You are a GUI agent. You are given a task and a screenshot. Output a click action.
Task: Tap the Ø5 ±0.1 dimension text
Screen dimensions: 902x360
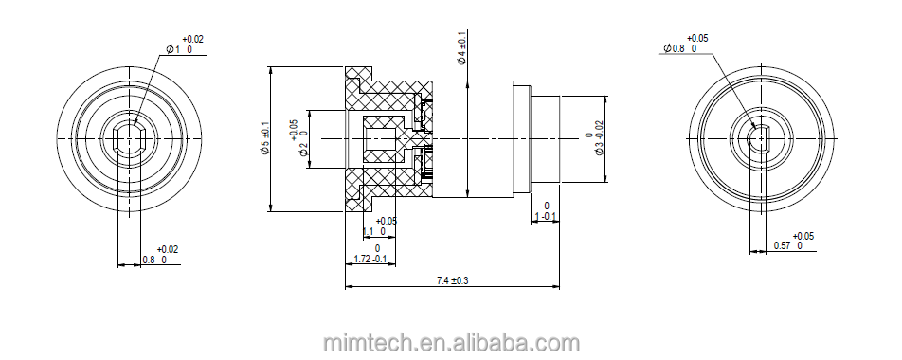point(264,138)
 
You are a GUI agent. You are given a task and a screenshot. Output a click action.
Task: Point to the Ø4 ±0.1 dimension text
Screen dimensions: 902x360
point(461,48)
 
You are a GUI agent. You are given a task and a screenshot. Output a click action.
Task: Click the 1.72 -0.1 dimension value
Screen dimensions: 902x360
point(370,259)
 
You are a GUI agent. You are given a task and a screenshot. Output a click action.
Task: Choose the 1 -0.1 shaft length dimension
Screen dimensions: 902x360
point(546,216)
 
